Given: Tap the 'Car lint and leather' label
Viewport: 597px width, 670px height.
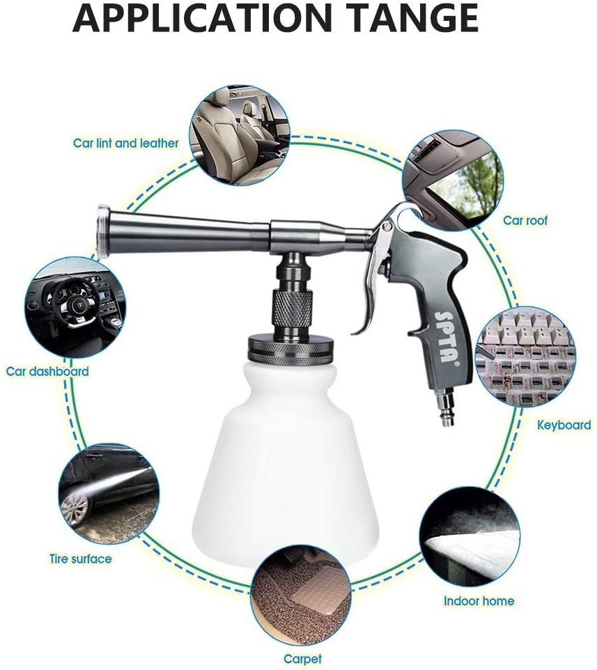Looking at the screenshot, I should tap(126, 143).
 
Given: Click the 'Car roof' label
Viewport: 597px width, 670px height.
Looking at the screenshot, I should tap(525, 220).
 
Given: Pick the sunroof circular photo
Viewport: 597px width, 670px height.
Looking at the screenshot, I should tap(453, 179).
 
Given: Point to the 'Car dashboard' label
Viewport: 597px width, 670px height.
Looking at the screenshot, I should tap(48, 371).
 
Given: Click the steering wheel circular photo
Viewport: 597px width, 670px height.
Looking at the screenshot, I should tap(75, 307).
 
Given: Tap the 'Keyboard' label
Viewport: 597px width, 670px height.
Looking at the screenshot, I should tap(564, 424).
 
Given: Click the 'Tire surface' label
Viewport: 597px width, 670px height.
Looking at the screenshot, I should tap(80, 559).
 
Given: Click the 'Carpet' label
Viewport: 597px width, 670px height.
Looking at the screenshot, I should tap(302, 658).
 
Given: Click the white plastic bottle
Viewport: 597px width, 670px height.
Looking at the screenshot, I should tap(285, 460).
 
